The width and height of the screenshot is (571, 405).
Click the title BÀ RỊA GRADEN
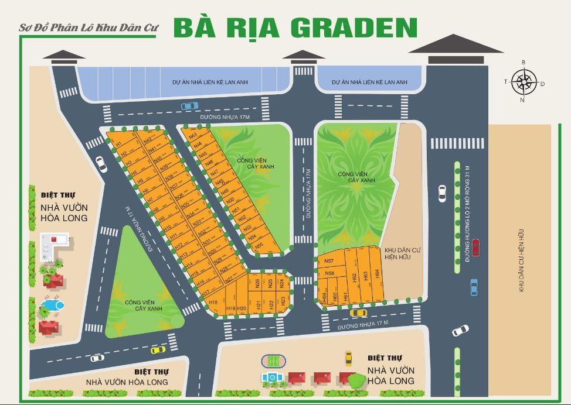coord(295,27)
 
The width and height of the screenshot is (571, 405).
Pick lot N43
coord(193,135)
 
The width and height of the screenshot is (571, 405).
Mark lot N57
coord(329,261)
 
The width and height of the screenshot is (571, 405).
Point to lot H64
coord(378,273)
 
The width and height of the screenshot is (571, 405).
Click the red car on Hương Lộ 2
coord(475,248)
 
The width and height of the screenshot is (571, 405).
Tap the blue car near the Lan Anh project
coord(189,106)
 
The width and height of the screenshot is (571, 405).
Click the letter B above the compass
coord(524,62)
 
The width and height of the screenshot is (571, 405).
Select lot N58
coord(329,273)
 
